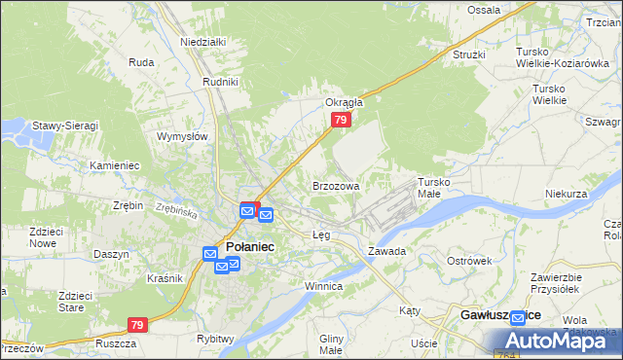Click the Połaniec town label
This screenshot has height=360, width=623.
tap(250, 247)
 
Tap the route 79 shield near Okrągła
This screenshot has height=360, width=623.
tap(340, 120)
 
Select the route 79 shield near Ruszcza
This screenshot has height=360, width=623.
tap(137, 325)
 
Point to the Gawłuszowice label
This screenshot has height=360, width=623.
tap(499, 316)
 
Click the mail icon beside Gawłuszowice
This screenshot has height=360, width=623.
tap(517, 318)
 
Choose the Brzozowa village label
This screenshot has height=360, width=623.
tap(336, 185)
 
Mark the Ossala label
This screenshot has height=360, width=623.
tap(484, 10)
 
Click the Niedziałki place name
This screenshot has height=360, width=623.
tap(202, 42)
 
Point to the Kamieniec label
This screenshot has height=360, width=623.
tap(115, 165)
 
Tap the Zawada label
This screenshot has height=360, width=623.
tap(386, 250)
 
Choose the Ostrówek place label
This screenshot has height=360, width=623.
tap(469, 261)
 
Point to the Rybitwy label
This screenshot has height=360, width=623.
tap(215, 339)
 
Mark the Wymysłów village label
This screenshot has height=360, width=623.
tap(183, 136)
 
